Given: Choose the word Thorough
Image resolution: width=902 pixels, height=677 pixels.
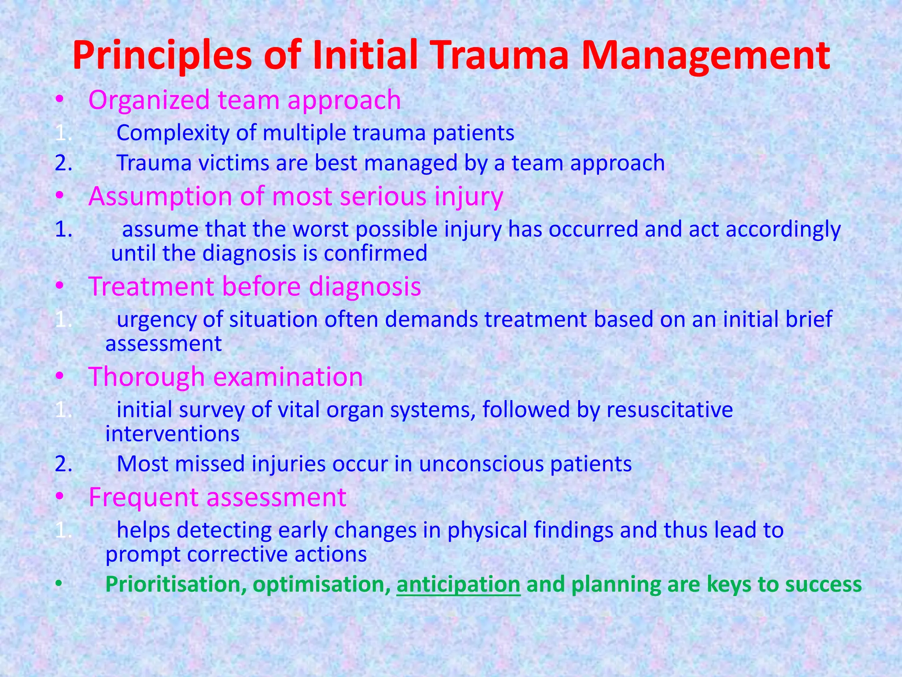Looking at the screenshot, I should pos(147,377).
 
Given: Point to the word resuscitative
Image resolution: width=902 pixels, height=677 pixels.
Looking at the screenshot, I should pos(669,409).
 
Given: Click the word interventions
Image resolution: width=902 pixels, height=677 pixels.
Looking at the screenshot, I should pos(172,434).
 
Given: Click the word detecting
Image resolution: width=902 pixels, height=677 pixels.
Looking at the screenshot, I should pos(224,530).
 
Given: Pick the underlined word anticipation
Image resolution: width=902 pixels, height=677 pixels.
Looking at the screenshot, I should pos(458,585).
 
